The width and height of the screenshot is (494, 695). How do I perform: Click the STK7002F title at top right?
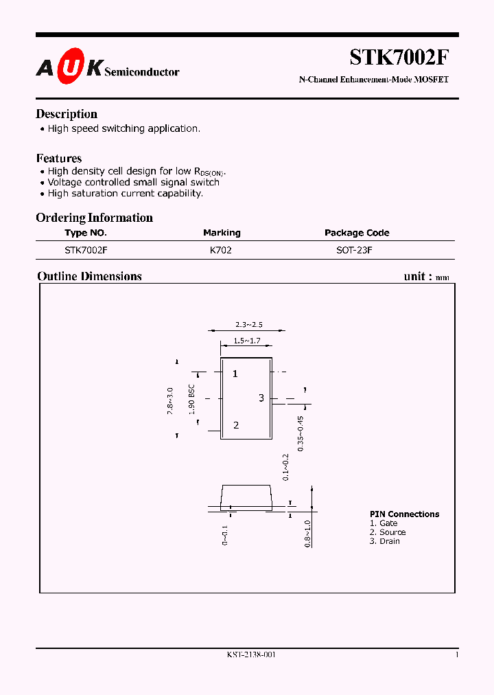(399, 57)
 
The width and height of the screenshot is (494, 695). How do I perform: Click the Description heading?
(67, 114)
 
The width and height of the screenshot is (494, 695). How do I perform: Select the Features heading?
(59, 158)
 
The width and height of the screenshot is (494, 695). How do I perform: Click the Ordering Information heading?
(94, 218)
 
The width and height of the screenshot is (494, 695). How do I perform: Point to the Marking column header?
(222, 233)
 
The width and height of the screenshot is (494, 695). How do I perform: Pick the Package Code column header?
(357, 233)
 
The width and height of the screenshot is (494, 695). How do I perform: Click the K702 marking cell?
(221, 251)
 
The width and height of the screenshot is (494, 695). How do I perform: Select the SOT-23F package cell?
(354, 251)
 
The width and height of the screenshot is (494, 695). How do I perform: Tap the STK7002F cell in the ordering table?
(86, 251)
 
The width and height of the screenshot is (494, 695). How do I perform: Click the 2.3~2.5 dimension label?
(248, 324)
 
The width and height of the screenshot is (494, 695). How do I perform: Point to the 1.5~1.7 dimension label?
(247, 341)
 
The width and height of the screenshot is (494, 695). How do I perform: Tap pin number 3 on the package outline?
(261, 398)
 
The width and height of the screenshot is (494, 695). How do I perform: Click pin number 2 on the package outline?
(236, 425)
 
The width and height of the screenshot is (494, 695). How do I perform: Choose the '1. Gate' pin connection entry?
(384, 523)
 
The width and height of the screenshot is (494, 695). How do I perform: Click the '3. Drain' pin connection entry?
(384, 541)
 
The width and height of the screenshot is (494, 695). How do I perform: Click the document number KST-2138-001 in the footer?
(251, 654)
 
